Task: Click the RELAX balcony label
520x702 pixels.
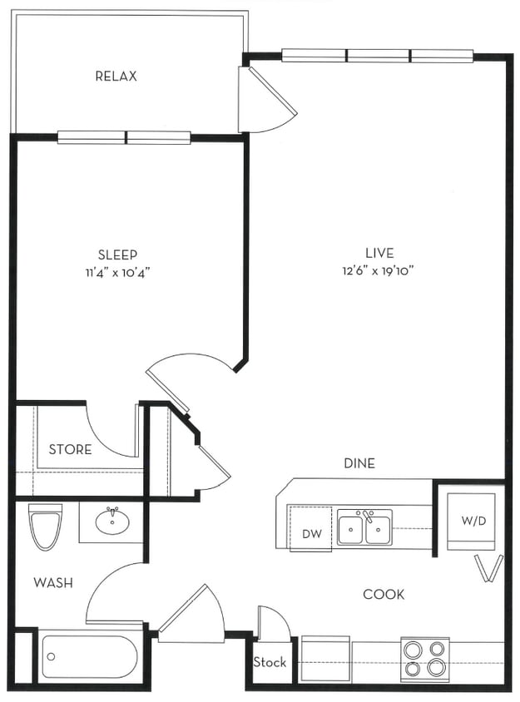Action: (x=116, y=77)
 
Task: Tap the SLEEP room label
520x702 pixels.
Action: (x=117, y=255)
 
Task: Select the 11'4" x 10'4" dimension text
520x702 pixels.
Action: (x=117, y=271)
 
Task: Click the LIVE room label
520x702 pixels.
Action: (x=379, y=253)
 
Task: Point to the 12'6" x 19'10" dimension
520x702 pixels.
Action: (x=379, y=270)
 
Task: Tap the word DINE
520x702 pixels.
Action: (x=359, y=463)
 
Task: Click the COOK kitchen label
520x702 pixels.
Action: (x=384, y=594)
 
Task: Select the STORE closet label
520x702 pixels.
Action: (x=70, y=450)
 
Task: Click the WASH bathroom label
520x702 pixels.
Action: (x=52, y=582)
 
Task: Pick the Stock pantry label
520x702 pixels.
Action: (x=270, y=663)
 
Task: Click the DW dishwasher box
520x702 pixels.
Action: (x=310, y=533)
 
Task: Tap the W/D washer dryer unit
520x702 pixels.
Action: (x=472, y=522)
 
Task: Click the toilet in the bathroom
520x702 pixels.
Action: (x=45, y=526)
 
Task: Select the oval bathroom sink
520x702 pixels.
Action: (x=111, y=522)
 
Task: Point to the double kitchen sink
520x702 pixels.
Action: (x=364, y=527)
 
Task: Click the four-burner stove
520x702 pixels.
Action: (x=424, y=660)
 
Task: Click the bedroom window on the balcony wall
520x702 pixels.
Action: (x=124, y=137)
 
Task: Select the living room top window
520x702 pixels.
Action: (x=378, y=56)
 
